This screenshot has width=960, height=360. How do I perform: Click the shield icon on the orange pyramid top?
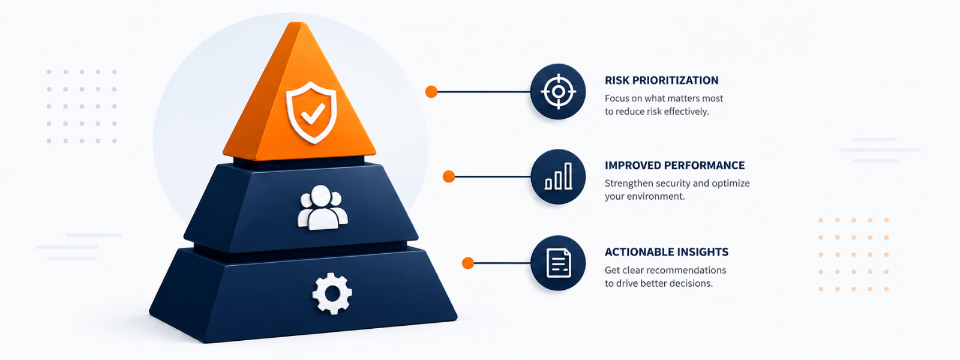click(311, 113)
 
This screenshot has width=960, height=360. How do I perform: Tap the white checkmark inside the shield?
click(313, 113)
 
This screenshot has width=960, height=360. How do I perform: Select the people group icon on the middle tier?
click(322, 208)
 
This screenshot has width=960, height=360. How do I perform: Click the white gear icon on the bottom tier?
click(332, 293)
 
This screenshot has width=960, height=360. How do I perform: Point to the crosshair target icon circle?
click(558, 91)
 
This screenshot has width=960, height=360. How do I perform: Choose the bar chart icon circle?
click(558, 176)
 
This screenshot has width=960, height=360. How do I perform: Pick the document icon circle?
click(558, 263)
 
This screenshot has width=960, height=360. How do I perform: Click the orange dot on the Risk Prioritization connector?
click(431, 91)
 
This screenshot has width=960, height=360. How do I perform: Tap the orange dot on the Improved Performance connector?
click(449, 176)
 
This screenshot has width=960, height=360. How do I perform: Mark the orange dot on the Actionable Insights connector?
click(468, 263)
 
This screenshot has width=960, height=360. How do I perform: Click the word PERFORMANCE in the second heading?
click(705, 166)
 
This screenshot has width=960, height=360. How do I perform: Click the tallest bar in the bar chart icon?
click(568, 176)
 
